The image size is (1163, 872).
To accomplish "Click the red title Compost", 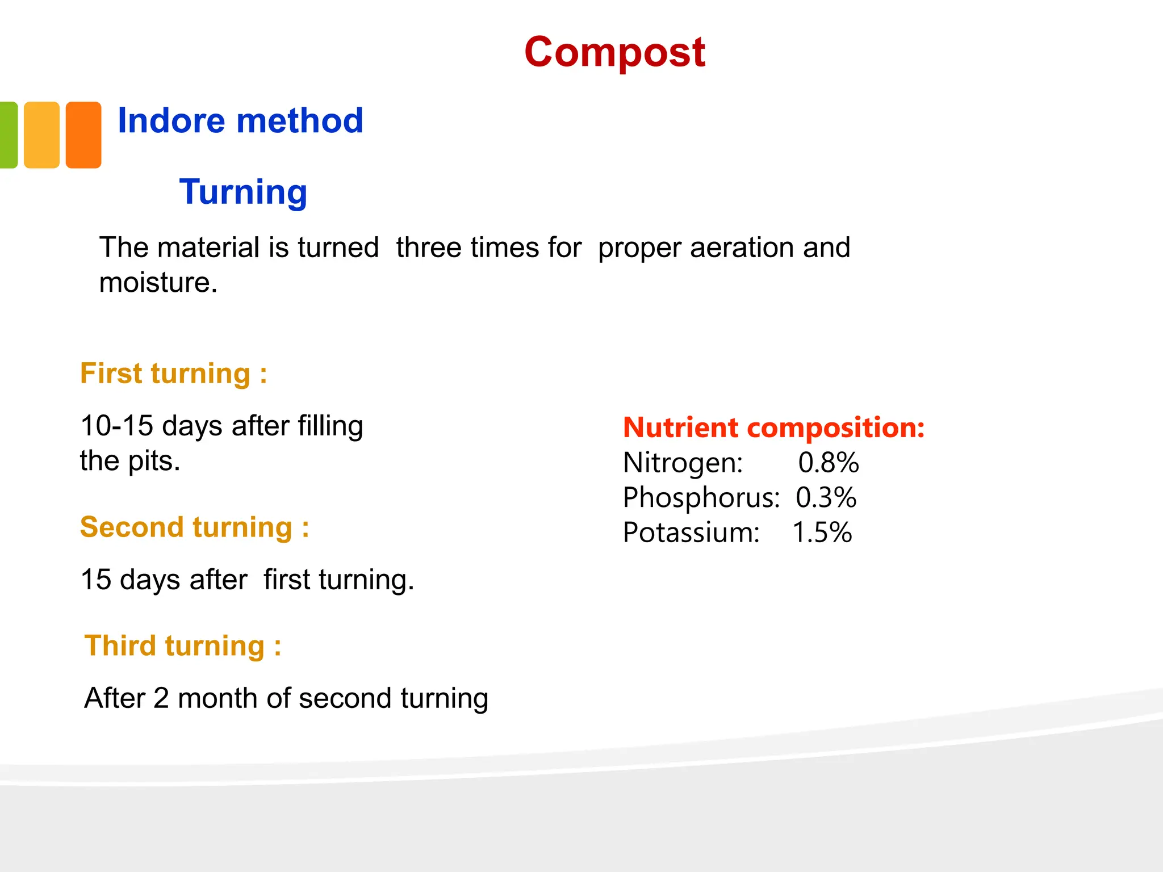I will (x=614, y=52).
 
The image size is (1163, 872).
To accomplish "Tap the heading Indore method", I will (x=240, y=121).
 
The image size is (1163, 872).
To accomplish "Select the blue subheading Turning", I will (x=243, y=192).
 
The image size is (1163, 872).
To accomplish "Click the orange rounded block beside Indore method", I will (x=83, y=135).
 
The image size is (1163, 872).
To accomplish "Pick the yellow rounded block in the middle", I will (x=41, y=135).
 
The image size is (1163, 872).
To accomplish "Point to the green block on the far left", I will (x=8, y=135).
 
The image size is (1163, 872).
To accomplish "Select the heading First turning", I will (x=173, y=374).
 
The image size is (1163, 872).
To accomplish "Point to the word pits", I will (x=153, y=461).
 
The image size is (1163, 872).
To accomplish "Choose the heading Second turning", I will (x=194, y=527).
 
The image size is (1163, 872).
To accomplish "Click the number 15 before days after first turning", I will (x=96, y=580).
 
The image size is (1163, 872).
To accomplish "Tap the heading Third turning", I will (x=182, y=646).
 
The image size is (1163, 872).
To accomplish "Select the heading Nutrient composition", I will (x=773, y=427).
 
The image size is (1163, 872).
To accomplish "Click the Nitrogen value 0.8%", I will (x=828, y=463).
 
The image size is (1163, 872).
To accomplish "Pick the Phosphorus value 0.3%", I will (x=826, y=498).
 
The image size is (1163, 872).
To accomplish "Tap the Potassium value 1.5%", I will (x=822, y=533).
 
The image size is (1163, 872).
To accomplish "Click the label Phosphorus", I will (x=701, y=498).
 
